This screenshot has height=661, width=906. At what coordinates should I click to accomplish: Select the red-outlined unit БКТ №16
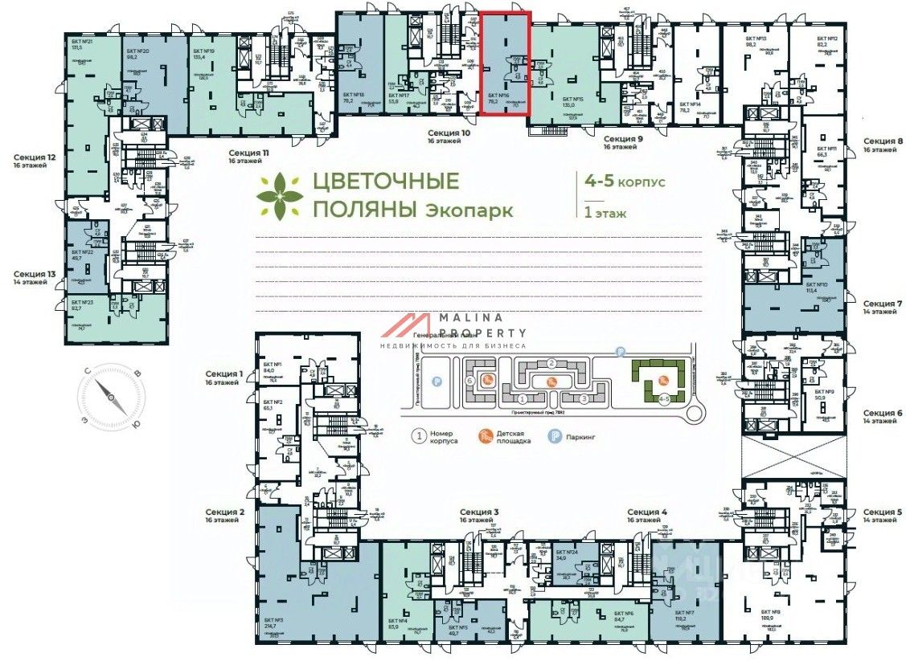point(505,64)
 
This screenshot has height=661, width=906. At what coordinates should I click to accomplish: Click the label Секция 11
point(248,152)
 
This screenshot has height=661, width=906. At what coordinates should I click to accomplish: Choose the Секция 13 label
point(35,274)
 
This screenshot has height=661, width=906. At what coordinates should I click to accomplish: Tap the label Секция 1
point(223,373)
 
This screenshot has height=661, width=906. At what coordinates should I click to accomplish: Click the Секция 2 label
point(224,512)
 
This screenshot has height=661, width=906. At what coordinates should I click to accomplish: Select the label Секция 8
point(883,140)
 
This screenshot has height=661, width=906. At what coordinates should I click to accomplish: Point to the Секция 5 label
point(883,512)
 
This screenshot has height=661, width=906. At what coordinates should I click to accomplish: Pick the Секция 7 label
point(883,304)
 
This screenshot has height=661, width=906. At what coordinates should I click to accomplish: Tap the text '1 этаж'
point(607,214)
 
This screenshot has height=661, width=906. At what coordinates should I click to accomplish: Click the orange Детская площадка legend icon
point(485,436)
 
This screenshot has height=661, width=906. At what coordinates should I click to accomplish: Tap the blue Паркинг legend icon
point(555,437)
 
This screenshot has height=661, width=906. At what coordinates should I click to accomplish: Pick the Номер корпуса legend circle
point(418,437)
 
